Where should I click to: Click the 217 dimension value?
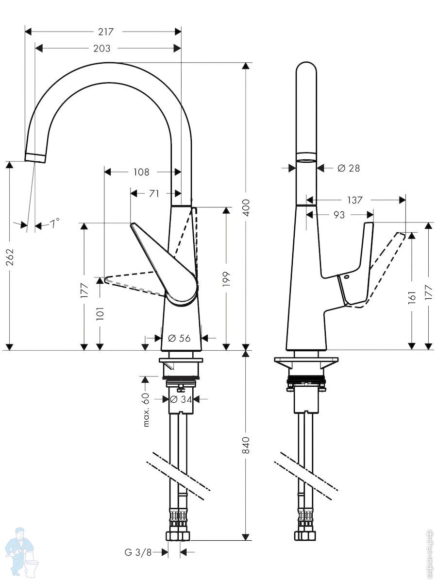pyautogui.click(x=105, y=32)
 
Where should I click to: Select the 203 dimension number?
pyautogui.click(x=102, y=48)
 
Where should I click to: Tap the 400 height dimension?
pyautogui.click(x=247, y=208)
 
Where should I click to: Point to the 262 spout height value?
pyautogui.click(x=10, y=257)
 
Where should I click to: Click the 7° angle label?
pyautogui.click(x=55, y=223)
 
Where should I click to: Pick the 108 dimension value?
pyautogui.click(x=141, y=172)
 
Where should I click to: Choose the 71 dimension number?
pyautogui.click(x=154, y=194)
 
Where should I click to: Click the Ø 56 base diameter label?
pyautogui.click(x=179, y=338)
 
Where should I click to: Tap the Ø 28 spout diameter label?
pyautogui.click(x=349, y=168)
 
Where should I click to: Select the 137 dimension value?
pyautogui.click(x=355, y=200)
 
